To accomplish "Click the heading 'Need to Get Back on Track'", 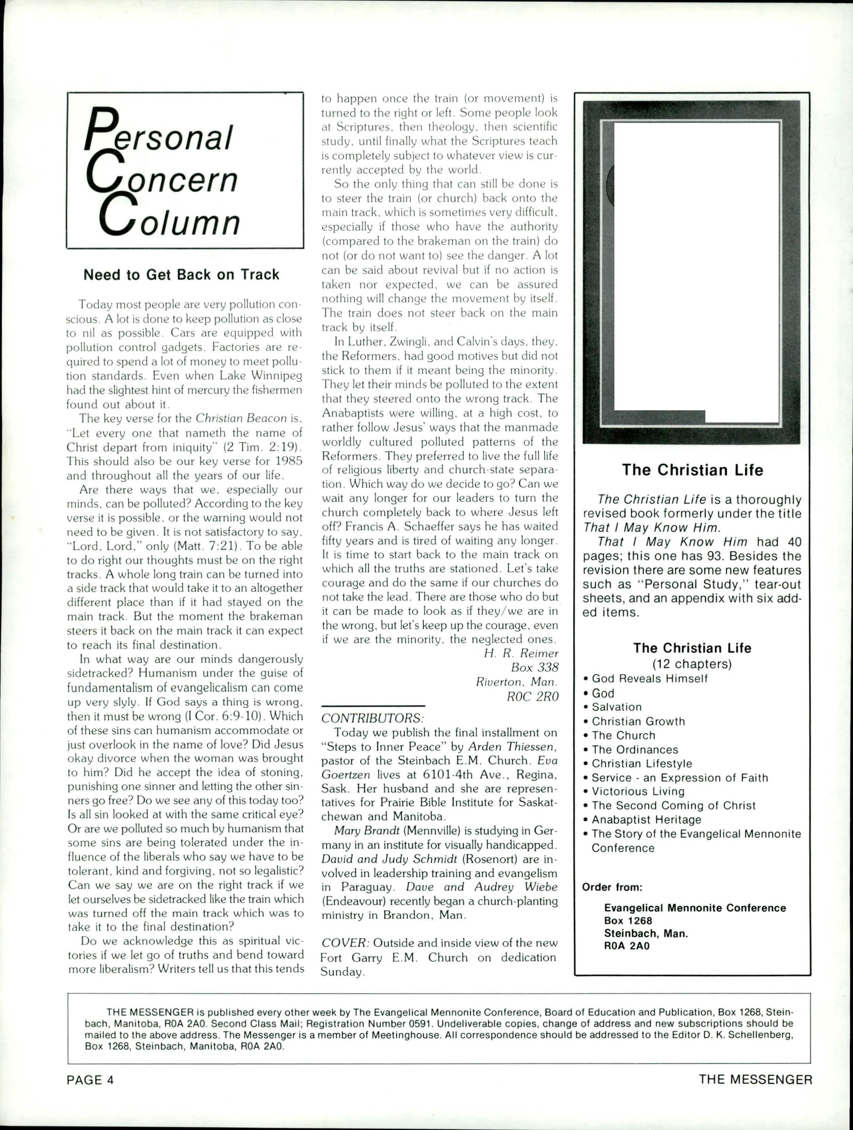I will (x=181, y=275).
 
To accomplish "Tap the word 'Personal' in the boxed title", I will (x=158, y=133).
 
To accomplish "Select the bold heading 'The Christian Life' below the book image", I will (x=692, y=470).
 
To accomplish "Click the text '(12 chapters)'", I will (x=692, y=664).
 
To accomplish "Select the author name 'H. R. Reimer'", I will (x=521, y=653).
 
